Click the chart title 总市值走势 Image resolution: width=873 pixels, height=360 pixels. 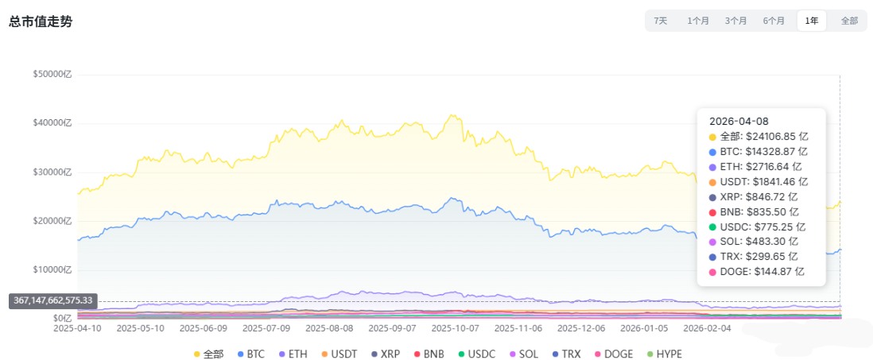click(x=41, y=21)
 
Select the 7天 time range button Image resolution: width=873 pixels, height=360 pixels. click(x=661, y=21)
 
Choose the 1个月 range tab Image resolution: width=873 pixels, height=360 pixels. click(x=698, y=21)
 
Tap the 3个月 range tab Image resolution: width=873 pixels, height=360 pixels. click(x=735, y=21)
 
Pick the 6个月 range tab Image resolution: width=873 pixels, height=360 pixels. click(x=774, y=21)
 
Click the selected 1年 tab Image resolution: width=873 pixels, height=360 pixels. click(x=811, y=21)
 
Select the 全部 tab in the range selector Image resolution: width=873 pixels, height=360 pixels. click(x=848, y=21)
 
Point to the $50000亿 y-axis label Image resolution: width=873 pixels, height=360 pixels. click(x=52, y=75)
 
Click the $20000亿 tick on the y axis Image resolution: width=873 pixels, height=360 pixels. click(x=52, y=221)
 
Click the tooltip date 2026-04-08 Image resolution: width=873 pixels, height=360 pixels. click(x=739, y=122)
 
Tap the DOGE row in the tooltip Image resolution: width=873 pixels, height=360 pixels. click(x=756, y=272)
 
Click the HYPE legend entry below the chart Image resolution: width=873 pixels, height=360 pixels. click(x=663, y=354)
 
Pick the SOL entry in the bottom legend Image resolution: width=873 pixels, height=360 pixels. click(x=522, y=354)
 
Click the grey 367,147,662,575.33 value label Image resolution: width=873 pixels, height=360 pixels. click(x=53, y=300)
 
